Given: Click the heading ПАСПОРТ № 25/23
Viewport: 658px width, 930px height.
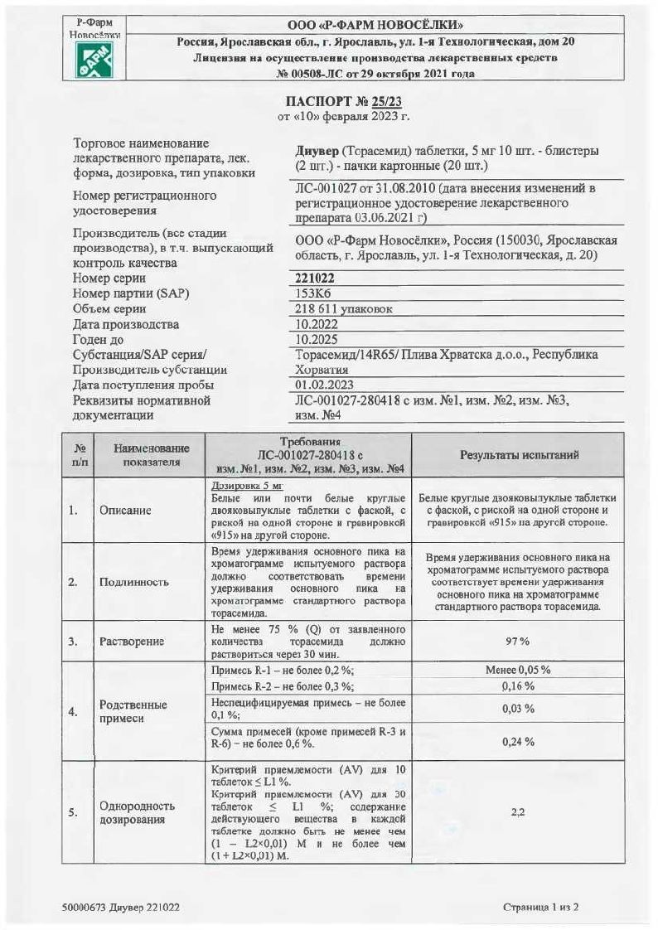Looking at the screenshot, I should pos(343,100).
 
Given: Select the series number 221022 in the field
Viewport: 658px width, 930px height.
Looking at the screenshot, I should pos(315,279).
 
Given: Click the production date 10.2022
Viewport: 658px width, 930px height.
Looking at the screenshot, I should pos(317,324).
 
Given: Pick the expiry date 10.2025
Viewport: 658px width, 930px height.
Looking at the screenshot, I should pos(317,339).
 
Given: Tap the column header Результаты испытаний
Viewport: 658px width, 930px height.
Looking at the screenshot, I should pos(519,455).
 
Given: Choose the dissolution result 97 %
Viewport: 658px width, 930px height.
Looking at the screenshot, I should pos(518,642).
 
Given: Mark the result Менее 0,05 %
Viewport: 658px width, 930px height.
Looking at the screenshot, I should pos(518,670).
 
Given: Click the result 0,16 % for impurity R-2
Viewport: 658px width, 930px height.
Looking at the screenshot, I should pos(518,686).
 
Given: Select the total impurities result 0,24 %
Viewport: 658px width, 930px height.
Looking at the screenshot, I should pos(518,741).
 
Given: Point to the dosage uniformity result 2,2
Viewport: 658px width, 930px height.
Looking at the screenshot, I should pos(518,812).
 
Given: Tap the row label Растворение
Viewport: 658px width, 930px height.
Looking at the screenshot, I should pos(131,642).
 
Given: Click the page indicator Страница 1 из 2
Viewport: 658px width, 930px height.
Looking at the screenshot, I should pos(540,907).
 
